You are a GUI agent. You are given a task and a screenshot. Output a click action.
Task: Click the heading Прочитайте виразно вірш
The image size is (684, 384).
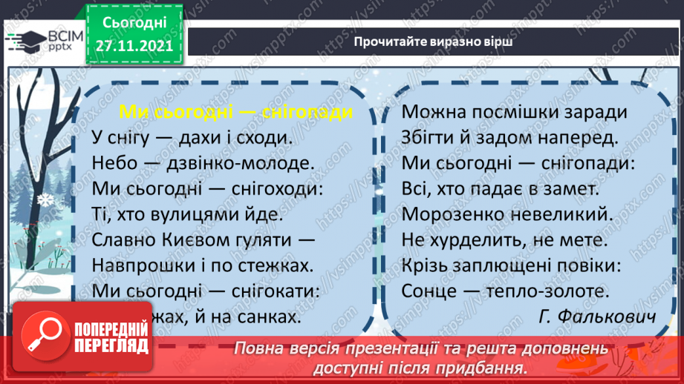[434, 42]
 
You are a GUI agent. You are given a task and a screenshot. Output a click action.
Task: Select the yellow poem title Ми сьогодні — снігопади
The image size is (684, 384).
[235, 112]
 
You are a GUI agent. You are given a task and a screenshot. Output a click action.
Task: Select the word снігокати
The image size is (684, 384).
[273, 291]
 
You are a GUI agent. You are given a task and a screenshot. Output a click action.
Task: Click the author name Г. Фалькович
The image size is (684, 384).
[597, 317]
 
